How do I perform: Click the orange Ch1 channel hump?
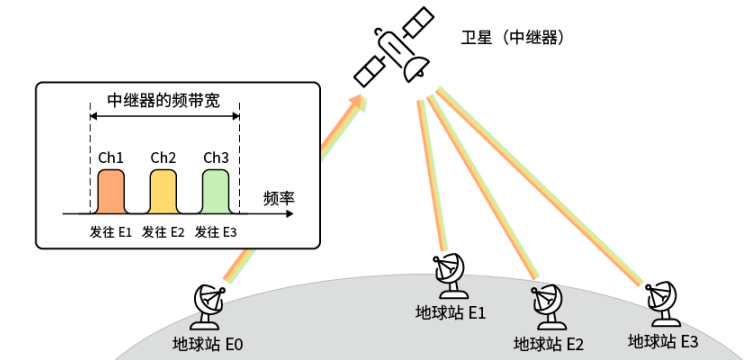click(x=111, y=191)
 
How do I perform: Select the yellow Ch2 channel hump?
click(x=163, y=191)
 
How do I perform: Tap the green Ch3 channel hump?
click(x=215, y=191)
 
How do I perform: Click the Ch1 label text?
click(x=111, y=158)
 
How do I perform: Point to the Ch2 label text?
click(x=163, y=158)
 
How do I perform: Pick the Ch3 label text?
click(x=216, y=158)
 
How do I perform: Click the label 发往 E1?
click(x=110, y=233)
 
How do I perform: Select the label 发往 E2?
click(x=163, y=233)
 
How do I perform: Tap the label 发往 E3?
click(x=215, y=233)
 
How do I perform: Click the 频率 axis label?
click(x=278, y=198)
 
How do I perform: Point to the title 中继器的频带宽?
click(x=163, y=101)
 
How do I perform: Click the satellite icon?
click(x=394, y=47)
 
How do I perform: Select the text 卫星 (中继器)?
click(x=513, y=38)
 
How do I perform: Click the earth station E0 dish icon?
click(x=209, y=307)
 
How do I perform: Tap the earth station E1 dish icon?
click(x=450, y=277)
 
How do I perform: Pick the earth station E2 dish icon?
click(x=546, y=307)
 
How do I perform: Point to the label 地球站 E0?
click(x=208, y=344)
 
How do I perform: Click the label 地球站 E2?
click(x=548, y=344)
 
